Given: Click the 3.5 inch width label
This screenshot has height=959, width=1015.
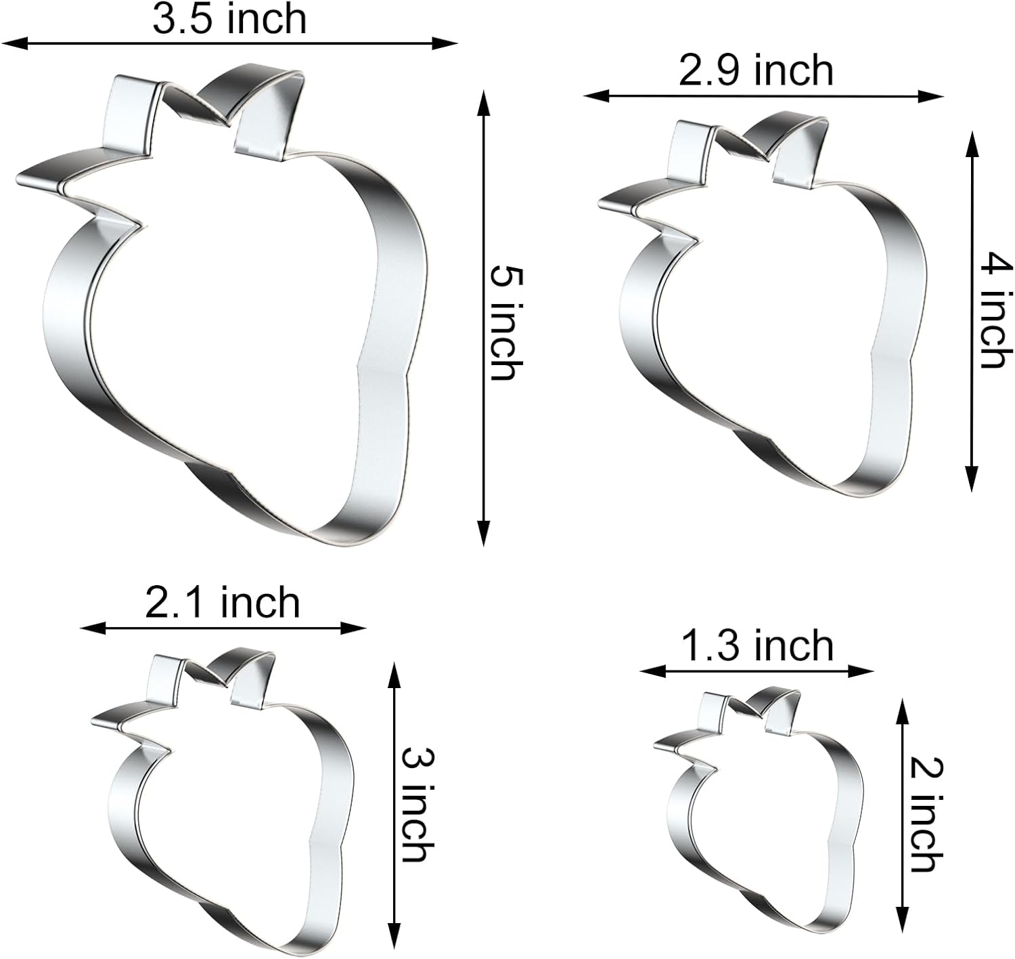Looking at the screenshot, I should (229, 19).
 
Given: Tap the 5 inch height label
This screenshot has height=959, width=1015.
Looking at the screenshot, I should (505, 322).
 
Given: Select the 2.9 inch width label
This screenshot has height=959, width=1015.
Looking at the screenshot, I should (756, 71).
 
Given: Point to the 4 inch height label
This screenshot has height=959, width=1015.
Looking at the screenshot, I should (995, 310).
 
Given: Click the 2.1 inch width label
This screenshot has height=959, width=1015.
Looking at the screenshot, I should (222, 603).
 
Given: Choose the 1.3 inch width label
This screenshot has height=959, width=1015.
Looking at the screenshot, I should (757, 645).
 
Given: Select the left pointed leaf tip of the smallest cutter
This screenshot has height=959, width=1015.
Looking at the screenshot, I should (656, 746).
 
